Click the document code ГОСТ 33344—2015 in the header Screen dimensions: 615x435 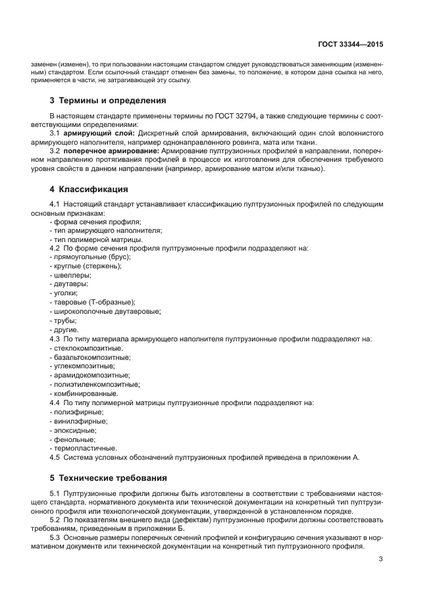[x=349, y=44]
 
